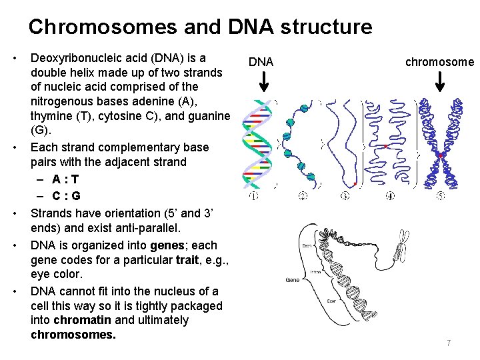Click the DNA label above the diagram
[261, 62]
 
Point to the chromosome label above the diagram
[440, 62]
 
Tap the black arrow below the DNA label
[263, 81]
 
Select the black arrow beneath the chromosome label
[440, 81]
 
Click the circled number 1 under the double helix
[254, 196]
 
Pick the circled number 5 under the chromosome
[441, 196]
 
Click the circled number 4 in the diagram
[390, 196]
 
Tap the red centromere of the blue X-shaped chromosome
[441, 155]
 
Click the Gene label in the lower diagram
[293, 279]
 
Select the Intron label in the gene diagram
[317, 272]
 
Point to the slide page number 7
[449, 343]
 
